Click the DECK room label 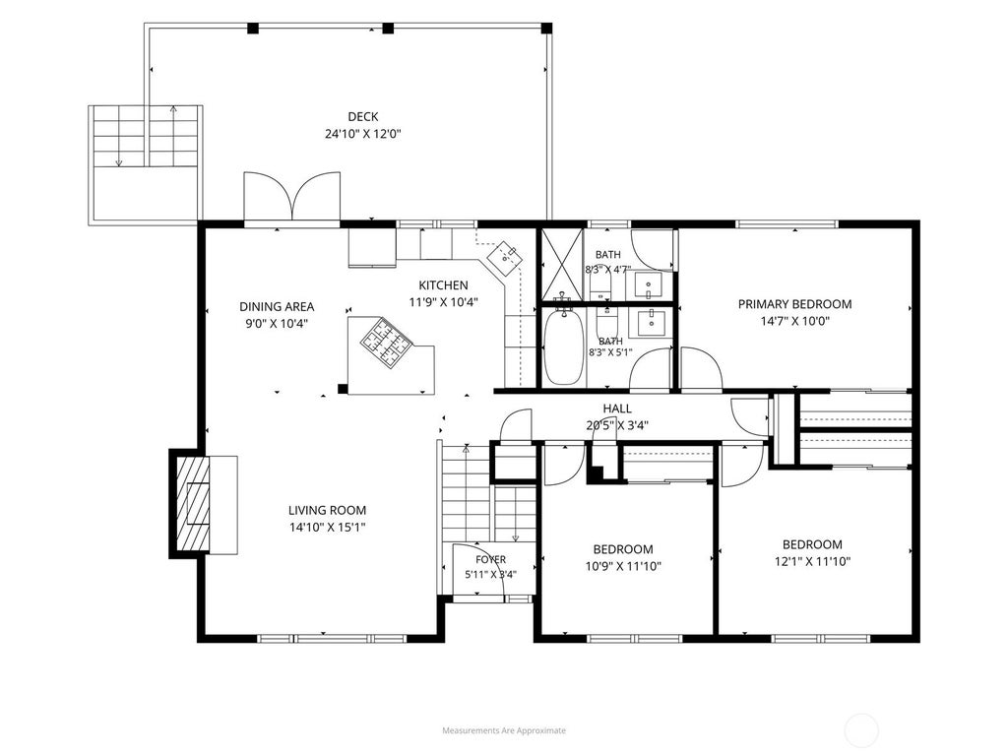click(x=362, y=117)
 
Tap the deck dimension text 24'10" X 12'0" click(x=362, y=134)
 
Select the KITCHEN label click(x=444, y=285)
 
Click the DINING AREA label click(x=277, y=307)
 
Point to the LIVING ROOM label click(x=327, y=511)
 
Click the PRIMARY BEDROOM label click(x=795, y=304)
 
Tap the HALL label click(x=617, y=409)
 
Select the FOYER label click(x=490, y=560)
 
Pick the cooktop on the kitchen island click(x=386, y=342)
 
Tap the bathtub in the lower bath click(x=564, y=347)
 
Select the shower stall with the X click(x=561, y=264)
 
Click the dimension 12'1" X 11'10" click(x=812, y=562)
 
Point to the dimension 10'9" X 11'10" click(x=623, y=566)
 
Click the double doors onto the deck click(x=291, y=197)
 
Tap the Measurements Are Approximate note click(x=504, y=730)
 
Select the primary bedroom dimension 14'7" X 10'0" click(x=795, y=322)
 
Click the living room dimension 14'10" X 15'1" click(x=327, y=528)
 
